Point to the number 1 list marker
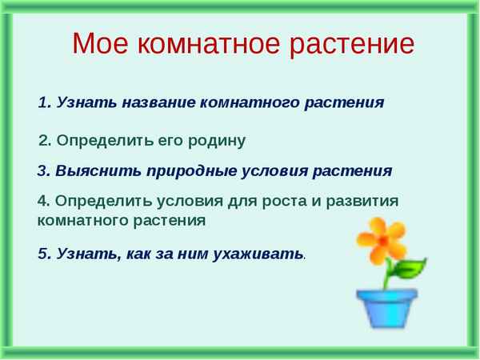point(42,102)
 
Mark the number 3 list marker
point(42,170)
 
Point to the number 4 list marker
point(42,201)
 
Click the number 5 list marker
point(42,254)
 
